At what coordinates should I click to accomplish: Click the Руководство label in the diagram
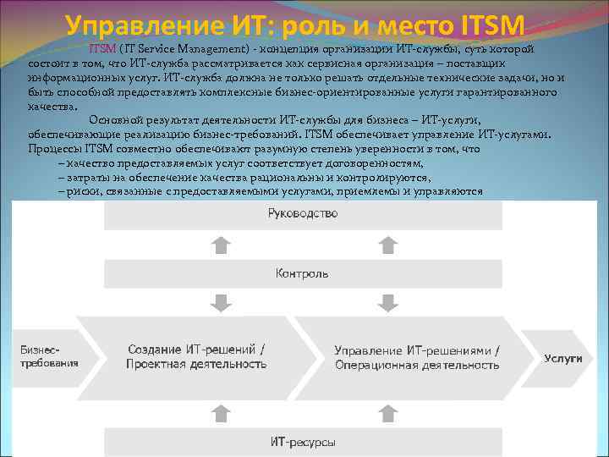(302, 215)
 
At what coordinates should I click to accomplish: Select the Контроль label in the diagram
(302, 273)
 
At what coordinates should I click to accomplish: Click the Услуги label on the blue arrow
(562, 358)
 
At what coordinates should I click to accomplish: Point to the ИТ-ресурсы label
(303, 442)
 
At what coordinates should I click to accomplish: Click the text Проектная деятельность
(196, 364)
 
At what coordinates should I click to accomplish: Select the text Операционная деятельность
(417, 365)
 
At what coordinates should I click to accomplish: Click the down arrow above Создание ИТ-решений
(220, 302)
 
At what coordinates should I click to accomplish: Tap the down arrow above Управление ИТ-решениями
(387, 302)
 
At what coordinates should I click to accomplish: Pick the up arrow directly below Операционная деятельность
(387, 412)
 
